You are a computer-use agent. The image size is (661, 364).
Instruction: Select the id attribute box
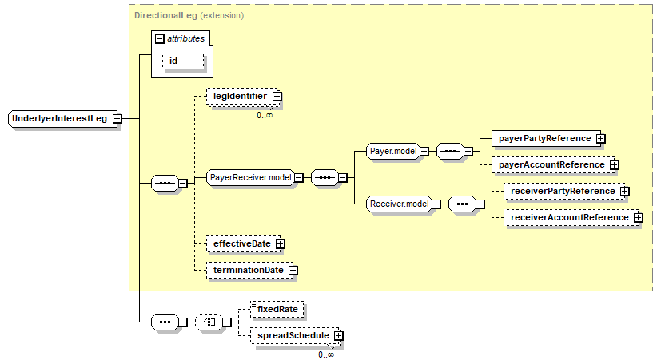183,61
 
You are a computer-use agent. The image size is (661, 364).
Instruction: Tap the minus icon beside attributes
159,39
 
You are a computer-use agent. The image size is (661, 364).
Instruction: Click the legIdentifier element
243,97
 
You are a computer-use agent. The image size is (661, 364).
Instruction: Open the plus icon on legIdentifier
277,97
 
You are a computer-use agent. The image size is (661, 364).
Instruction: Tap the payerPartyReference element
547,138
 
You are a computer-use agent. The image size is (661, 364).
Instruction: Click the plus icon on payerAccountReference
614,165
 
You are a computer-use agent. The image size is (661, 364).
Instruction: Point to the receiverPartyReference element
564,192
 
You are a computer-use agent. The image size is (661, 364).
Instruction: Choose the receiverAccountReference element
571,218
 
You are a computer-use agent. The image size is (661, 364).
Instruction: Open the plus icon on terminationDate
293,270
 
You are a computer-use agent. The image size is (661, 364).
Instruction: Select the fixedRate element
277,309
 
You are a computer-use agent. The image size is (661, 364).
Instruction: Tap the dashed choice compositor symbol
209,322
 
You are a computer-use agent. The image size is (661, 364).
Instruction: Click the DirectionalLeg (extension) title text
189,16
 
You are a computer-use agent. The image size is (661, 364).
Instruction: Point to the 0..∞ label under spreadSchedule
326,354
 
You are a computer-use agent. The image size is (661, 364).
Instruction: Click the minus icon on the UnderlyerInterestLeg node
117,119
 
